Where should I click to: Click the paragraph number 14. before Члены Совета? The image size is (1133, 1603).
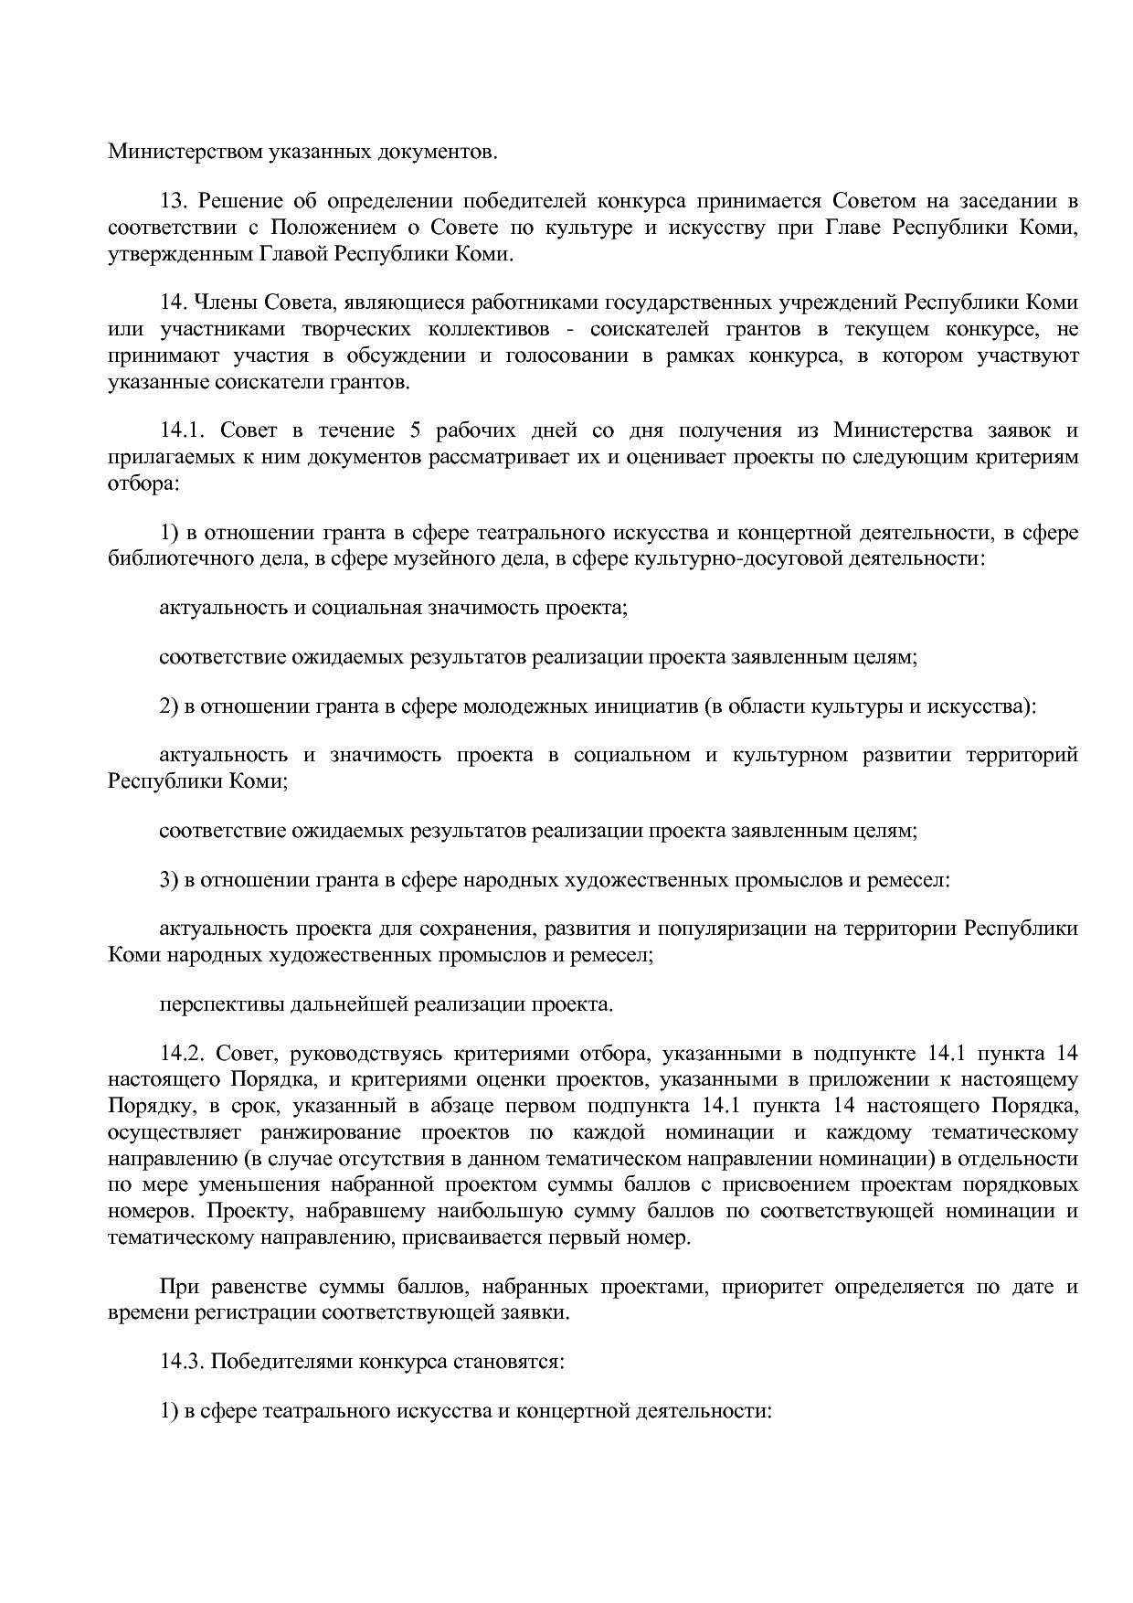click(174, 303)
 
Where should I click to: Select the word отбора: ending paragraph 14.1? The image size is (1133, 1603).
click(143, 483)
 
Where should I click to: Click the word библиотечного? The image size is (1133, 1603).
click(174, 558)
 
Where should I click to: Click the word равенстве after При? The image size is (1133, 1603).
click(250, 1287)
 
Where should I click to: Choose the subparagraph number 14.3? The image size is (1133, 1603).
click(181, 1362)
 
